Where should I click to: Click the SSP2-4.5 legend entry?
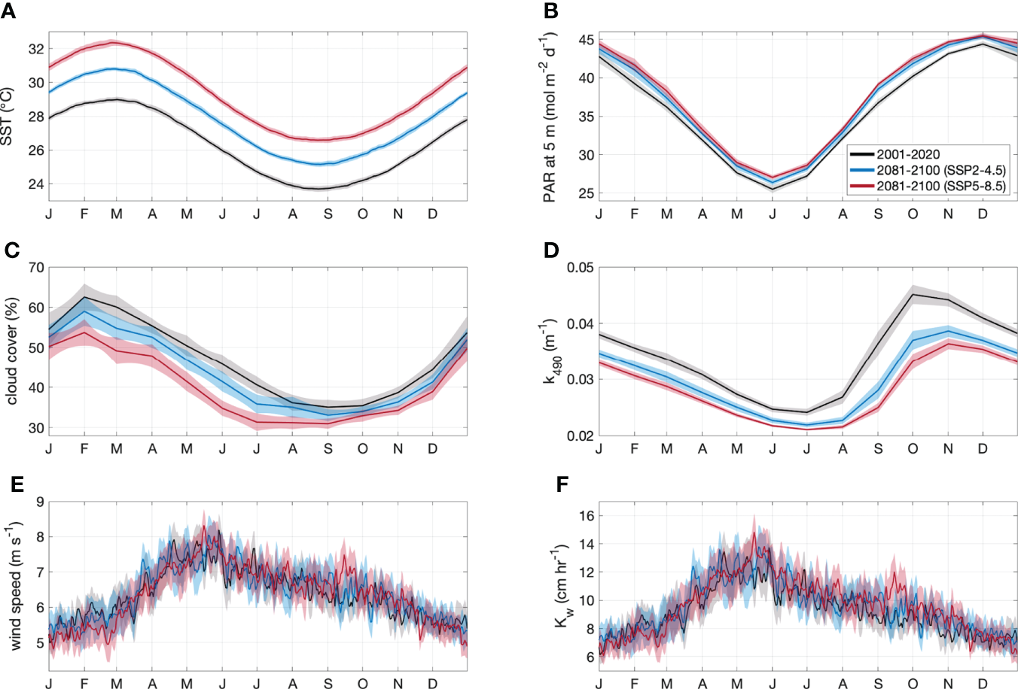click(940, 171)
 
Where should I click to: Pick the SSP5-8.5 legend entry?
click(940, 186)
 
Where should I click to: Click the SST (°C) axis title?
click(8, 117)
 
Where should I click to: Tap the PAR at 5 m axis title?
click(550, 117)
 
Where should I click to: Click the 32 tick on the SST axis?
click(36, 49)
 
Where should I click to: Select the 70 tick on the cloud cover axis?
click(36, 267)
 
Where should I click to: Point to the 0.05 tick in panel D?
click(580, 268)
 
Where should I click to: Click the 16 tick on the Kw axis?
click(586, 516)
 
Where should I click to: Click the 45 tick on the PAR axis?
click(586, 39)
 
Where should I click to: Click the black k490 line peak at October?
click(913, 294)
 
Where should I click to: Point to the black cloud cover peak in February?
click(84, 296)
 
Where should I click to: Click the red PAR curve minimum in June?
click(772, 177)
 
